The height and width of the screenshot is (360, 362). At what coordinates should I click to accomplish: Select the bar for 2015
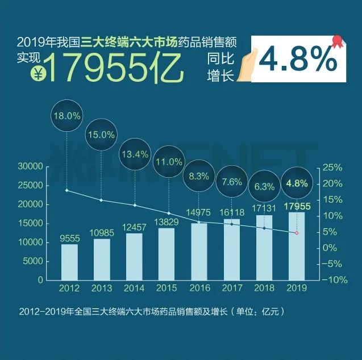pos(166,254)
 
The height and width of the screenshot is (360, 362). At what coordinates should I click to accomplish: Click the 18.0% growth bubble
pos(66,115)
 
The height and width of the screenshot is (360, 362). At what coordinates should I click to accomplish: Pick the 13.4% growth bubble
pos(135,153)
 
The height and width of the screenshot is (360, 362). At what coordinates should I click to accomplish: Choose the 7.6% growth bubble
pos(232,182)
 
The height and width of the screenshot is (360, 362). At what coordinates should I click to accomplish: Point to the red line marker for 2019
pos(296,233)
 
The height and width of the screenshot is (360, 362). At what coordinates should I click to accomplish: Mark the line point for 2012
pos(67,190)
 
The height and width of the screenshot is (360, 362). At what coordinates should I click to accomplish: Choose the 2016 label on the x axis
pos(198,287)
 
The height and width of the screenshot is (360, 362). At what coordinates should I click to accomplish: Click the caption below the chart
pos(151,312)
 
